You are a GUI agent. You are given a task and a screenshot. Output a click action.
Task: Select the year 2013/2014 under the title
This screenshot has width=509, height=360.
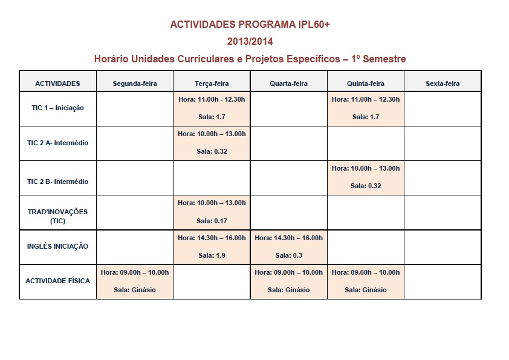click(x=250, y=42)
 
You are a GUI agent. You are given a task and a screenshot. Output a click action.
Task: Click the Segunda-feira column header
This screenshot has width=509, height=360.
click(x=135, y=83)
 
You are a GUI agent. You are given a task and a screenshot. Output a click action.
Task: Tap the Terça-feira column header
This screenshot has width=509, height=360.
click(x=212, y=83)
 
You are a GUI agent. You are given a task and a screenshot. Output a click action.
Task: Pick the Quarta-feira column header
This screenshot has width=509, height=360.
click(x=288, y=83)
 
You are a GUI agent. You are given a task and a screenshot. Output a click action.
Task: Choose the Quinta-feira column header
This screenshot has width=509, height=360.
click(x=366, y=83)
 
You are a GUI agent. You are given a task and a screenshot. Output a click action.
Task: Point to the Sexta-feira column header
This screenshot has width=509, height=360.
click(x=443, y=83)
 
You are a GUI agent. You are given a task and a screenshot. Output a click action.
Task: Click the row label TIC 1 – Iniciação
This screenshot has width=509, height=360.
click(x=57, y=108)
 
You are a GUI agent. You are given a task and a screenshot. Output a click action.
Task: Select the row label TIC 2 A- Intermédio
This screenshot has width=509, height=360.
click(x=57, y=143)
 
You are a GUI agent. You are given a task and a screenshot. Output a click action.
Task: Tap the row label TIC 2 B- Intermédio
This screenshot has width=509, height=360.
click(x=57, y=182)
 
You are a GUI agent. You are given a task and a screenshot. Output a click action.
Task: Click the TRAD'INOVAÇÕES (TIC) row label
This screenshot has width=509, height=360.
click(x=57, y=216)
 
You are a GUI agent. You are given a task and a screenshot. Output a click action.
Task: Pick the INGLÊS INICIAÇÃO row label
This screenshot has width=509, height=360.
click(x=57, y=246)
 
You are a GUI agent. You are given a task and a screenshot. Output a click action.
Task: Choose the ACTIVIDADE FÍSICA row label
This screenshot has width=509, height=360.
click(x=57, y=281)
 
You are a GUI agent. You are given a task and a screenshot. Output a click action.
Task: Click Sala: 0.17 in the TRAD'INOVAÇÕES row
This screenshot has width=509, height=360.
click(x=212, y=221)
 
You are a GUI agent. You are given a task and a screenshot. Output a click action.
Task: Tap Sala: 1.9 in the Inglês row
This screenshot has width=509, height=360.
click(x=212, y=255)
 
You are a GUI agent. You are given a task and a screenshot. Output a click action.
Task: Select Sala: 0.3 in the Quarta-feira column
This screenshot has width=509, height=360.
click(x=288, y=255)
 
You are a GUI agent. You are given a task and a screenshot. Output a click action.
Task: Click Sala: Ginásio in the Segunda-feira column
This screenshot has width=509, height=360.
click(x=135, y=290)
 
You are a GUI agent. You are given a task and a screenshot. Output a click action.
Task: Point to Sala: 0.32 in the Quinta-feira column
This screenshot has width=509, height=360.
click(x=366, y=186)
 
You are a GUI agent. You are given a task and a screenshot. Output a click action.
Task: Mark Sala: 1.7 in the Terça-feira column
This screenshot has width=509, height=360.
click(x=212, y=117)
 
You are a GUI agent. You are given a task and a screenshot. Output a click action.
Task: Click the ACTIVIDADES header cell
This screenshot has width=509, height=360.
click(x=57, y=83)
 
